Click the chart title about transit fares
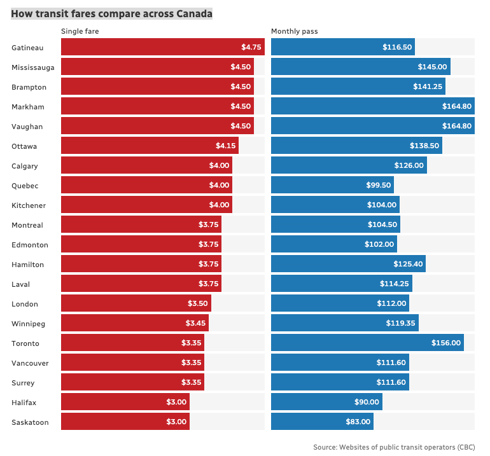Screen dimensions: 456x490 pyautogui.click(x=111, y=13)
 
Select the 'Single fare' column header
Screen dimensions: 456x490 pyautogui.click(x=80, y=31)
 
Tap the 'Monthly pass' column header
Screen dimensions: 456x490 pyautogui.click(x=294, y=31)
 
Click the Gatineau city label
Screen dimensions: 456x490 pyautogui.click(x=27, y=47)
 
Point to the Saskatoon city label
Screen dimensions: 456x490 pyautogui.click(x=29, y=422)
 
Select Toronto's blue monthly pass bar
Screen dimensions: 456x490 pyautogui.click(x=367, y=343)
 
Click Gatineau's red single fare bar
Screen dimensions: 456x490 pyautogui.click(x=162, y=47)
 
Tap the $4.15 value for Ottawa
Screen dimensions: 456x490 pyautogui.click(x=225, y=146)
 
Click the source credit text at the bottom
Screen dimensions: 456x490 pyautogui.click(x=393, y=448)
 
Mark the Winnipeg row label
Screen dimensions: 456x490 pyautogui.click(x=28, y=324)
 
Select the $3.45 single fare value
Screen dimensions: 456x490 pyautogui.click(x=195, y=324)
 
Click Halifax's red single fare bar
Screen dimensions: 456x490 pyautogui.click(x=125, y=403)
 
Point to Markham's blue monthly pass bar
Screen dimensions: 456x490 pyautogui.click(x=372, y=106)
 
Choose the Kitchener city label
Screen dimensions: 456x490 pyautogui.click(x=28, y=205)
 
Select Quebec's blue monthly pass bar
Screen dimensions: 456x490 pyautogui.click(x=332, y=186)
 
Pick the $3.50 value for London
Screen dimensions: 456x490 pyautogui.click(x=198, y=304)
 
